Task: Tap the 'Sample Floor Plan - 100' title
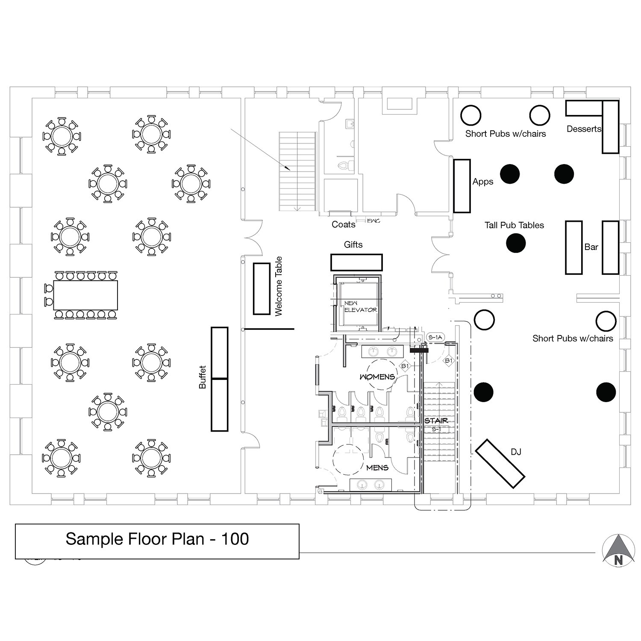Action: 157,539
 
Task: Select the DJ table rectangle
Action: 500,464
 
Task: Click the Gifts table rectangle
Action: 356,262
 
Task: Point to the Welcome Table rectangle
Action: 262,289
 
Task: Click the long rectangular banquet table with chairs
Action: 85,295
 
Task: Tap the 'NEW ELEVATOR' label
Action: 360,306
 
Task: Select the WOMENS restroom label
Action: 377,377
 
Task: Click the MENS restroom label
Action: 377,468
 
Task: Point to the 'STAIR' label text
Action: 436,421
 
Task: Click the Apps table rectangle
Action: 462,186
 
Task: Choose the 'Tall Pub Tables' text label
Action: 514,225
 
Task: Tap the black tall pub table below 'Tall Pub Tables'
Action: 516,244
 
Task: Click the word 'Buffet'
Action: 203,377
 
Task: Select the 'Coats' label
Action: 343,224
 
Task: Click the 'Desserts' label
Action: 584,129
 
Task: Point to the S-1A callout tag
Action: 435,337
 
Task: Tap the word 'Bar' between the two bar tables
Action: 591,247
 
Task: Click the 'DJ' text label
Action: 516,452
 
